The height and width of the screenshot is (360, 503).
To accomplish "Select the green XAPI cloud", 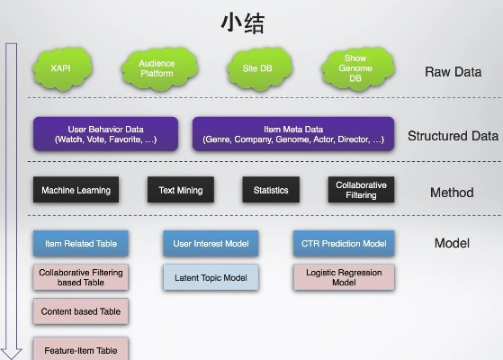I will click(62, 67).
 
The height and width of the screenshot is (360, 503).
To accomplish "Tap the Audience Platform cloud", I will click(157, 68).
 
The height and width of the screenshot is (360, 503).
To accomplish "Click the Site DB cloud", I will click(256, 67).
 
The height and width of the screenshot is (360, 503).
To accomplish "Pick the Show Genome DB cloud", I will click(355, 68).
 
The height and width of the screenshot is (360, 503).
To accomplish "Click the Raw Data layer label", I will click(453, 72).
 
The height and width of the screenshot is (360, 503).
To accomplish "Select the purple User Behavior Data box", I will click(105, 134).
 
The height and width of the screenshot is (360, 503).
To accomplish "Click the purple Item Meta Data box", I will click(292, 134).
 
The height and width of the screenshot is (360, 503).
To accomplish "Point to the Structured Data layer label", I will click(453, 137).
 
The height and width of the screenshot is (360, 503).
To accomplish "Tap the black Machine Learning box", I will click(76, 190).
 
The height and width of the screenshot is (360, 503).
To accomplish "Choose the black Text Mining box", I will click(181, 190).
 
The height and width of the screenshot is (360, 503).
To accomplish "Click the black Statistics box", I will click(271, 190).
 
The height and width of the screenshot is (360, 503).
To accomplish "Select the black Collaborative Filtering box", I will click(361, 190).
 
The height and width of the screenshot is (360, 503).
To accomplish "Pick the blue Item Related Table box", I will click(81, 243).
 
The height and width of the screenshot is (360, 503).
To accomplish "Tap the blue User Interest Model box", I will click(211, 243).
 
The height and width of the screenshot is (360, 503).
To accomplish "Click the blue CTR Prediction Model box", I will click(344, 243).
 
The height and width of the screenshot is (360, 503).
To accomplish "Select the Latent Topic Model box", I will click(211, 277).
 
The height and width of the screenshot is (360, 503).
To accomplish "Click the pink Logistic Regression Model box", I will click(344, 277).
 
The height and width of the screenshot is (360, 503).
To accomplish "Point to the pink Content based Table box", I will click(81, 311).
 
